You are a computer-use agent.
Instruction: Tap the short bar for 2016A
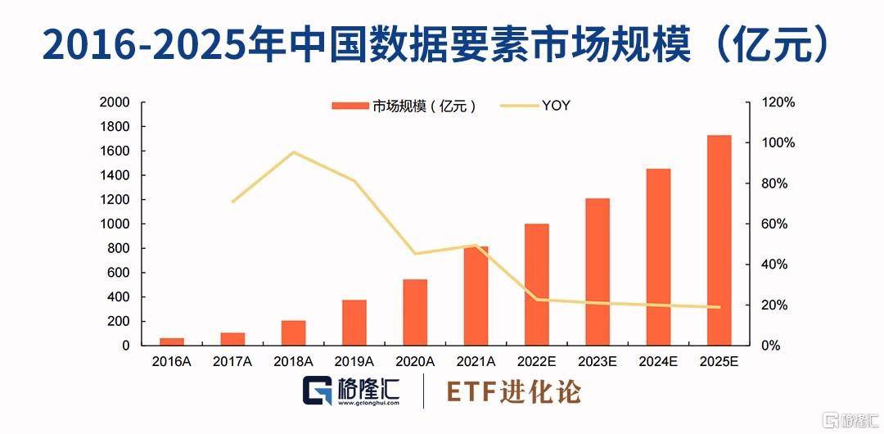(x=172, y=341)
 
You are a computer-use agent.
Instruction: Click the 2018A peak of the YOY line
(x=293, y=152)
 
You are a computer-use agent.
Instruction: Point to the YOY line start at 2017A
(x=233, y=201)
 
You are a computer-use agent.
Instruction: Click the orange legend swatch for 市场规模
(x=350, y=106)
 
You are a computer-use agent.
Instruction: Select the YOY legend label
(x=556, y=106)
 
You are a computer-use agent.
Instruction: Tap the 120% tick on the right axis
(x=779, y=102)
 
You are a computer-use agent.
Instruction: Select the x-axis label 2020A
(x=415, y=361)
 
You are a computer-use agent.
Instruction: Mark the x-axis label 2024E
(x=658, y=361)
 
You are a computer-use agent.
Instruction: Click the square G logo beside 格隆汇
(x=316, y=391)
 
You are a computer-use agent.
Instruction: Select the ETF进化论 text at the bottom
(x=513, y=392)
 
